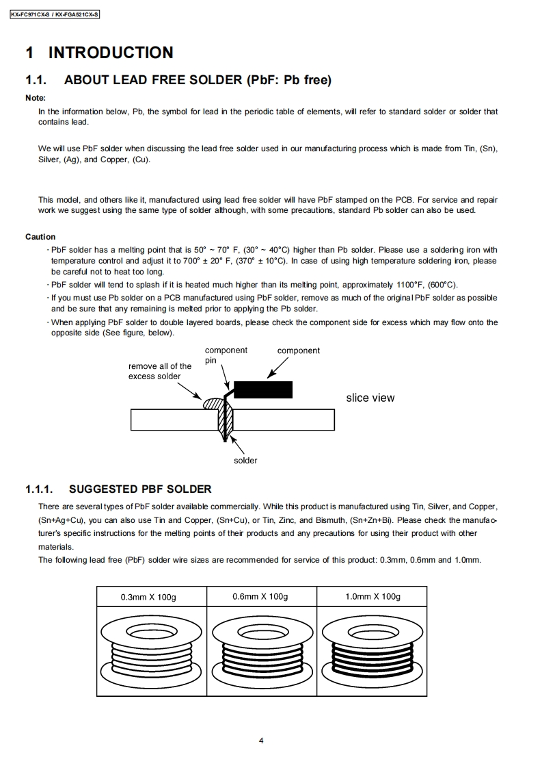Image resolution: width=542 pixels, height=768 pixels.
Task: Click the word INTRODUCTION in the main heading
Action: [111, 53]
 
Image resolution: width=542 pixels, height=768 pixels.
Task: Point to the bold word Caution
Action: [40, 237]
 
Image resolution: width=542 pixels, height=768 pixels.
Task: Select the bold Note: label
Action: [36, 98]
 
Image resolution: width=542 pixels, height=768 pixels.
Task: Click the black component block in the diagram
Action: [263, 389]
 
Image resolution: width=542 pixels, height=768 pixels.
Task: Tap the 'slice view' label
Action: [370, 398]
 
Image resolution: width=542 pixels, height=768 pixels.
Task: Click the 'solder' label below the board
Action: [245, 461]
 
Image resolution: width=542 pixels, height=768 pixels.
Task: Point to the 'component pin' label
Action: [225, 355]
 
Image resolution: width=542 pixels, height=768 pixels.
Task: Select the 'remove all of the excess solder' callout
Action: [160, 371]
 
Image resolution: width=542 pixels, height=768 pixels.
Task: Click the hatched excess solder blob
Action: [210, 402]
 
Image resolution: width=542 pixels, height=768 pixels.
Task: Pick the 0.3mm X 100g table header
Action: [148, 597]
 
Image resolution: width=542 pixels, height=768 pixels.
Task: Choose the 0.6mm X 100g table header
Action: [260, 597]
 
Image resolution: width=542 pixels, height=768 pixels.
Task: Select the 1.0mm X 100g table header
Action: [372, 597]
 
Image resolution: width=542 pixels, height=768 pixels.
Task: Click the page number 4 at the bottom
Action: [262, 740]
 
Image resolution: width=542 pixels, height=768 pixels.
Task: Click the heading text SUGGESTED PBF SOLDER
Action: [140, 489]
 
